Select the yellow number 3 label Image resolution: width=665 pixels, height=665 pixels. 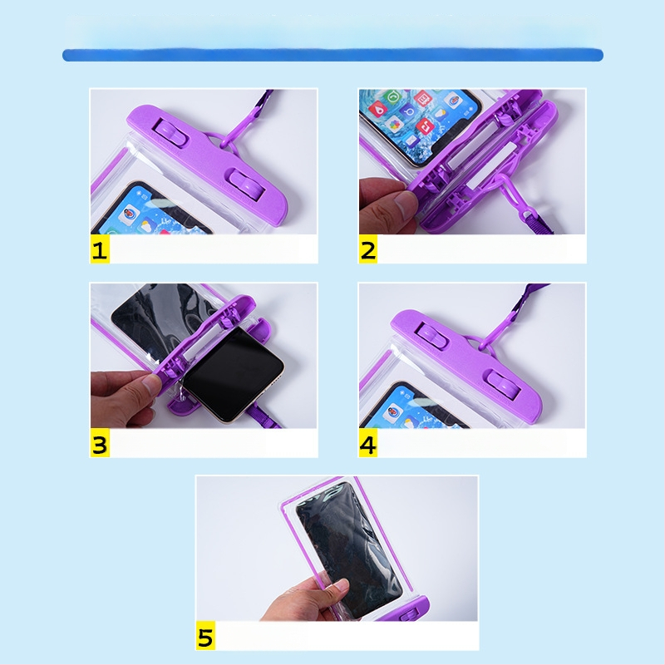[x=100, y=443]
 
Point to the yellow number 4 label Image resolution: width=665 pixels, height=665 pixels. [x=368, y=443]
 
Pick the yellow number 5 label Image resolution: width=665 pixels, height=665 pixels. [x=205, y=636]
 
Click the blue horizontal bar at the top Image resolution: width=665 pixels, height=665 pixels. [x=333, y=55]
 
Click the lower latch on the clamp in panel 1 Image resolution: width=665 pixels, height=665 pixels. [x=247, y=185]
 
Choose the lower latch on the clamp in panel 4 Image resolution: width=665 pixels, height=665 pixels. [x=504, y=386]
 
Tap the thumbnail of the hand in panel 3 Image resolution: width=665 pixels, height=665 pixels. [x=151, y=383]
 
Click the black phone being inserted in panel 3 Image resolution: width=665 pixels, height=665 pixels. [x=234, y=374]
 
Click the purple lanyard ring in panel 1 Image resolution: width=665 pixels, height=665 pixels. [x=223, y=145]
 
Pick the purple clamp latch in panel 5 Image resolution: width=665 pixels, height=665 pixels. [x=408, y=613]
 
